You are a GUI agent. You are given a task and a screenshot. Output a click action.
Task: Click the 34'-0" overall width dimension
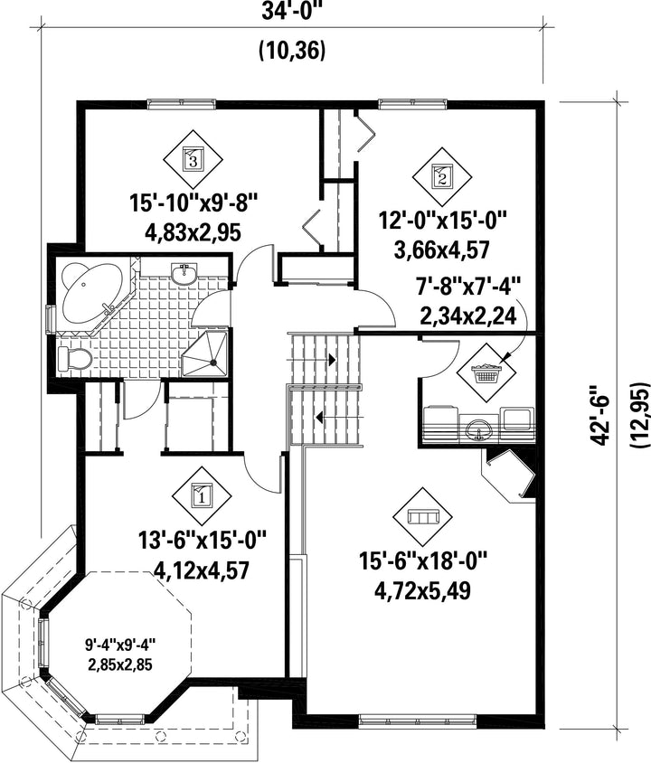pyautogui.click(x=291, y=14)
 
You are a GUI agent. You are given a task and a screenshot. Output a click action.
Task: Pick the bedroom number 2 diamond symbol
pyautogui.click(x=442, y=174)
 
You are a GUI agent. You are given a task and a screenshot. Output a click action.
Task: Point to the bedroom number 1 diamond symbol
pyautogui.click(x=202, y=494)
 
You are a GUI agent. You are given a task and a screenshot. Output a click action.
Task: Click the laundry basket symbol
pyautogui.click(x=486, y=372)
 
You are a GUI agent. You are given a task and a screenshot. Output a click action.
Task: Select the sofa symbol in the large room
pyautogui.click(x=423, y=517)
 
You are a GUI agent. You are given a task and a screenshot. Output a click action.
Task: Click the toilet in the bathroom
pyautogui.click(x=74, y=360)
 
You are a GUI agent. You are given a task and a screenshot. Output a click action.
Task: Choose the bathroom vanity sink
pyautogui.click(x=187, y=272)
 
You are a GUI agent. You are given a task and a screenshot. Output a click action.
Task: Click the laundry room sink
pyautogui.click(x=479, y=429)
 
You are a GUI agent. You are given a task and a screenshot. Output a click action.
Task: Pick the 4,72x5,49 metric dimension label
pyautogui.click(x=422, y=591)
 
